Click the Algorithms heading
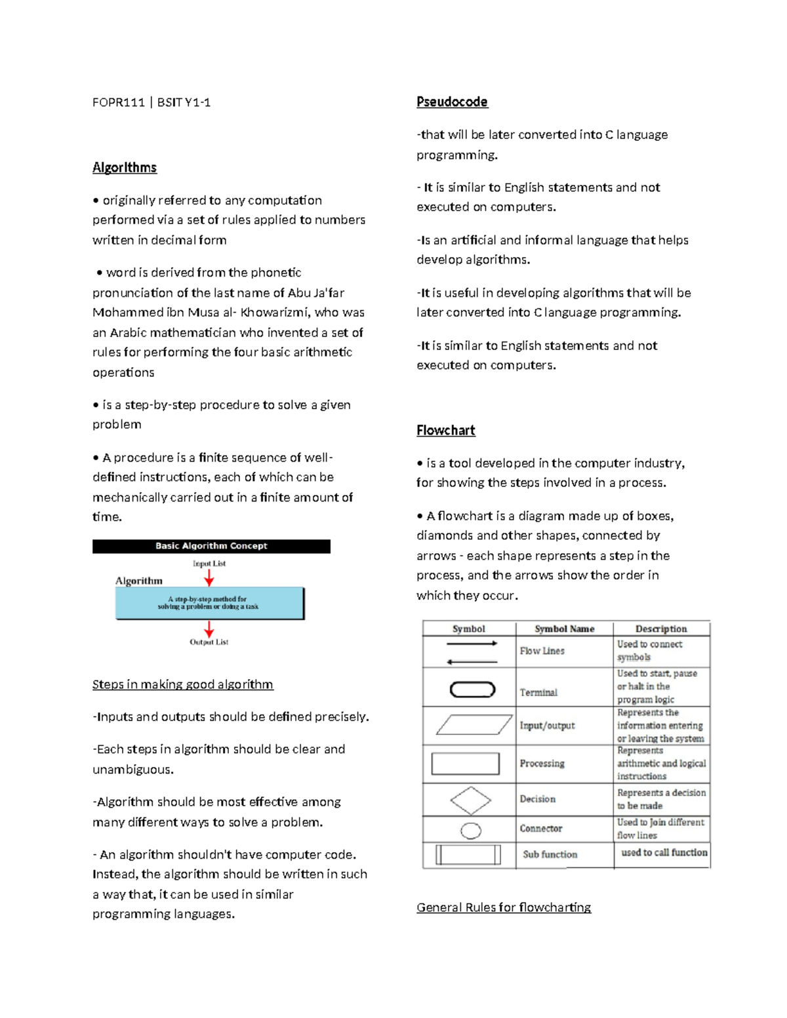tap(125, 168)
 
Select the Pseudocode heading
tap(452, 102)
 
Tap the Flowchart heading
tap(445, 431)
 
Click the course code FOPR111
tap(119, 102)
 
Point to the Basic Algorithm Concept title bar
tap(211, 546)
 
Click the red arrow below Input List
tap(209, 578)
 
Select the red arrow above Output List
tap(209, 629)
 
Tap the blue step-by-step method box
tap(209, 603)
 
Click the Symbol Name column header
tap(564, 629)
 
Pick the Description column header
tap(661, 629)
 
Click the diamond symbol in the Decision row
tap(470, 800)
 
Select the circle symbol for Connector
tap(471, 831)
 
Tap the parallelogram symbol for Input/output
tap(474, 725)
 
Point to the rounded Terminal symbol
tap(472, 690)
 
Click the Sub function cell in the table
tap(550, 855)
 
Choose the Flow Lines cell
tap(542, 651)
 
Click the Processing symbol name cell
tap(542, 764)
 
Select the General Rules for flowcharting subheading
tap(504, 908)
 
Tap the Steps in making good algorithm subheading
tap(183, 685)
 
